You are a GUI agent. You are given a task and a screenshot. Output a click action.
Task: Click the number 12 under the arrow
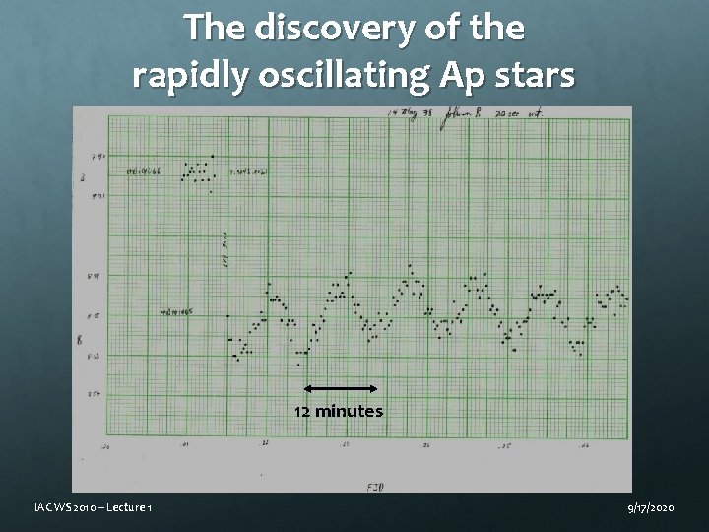(303, 411)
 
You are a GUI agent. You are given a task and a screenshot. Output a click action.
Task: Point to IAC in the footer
(41, 506)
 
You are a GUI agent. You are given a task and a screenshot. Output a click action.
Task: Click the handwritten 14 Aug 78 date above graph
(410, 114)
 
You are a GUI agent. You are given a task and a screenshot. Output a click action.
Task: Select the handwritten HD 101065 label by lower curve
(179, 311)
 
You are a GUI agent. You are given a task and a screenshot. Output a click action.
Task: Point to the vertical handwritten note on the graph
(225, 248)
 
